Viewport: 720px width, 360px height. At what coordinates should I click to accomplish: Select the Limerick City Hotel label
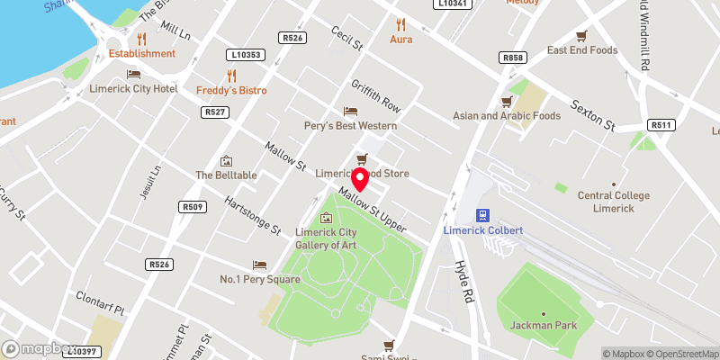(x=133, y=89)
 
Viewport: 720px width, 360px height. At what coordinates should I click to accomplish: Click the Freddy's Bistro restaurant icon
(x=231, y=76)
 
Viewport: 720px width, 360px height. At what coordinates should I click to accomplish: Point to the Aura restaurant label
(x=400, y=40)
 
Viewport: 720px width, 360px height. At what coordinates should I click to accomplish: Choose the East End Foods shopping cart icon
(x=581, y=35)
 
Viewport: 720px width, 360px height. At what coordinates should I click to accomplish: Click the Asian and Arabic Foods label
(x=507, y=115)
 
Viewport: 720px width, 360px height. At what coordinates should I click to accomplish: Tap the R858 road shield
(x=512, y=58)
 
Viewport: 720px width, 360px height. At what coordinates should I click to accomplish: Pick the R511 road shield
(x=661, y=125)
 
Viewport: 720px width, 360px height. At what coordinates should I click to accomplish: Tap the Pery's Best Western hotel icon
(x=350, y=111)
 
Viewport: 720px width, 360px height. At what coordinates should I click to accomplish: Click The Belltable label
(x=227, y=175)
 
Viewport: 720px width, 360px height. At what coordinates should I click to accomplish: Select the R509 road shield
(x=193, y=207)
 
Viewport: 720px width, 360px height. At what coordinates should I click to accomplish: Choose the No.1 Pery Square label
(x=260, y=279)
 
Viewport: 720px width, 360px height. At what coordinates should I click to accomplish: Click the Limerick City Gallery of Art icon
(x=327, y=218)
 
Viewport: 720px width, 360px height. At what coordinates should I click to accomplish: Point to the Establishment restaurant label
(x=142, y=53)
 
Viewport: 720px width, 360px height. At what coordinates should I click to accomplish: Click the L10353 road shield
(x=246, y=55)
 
